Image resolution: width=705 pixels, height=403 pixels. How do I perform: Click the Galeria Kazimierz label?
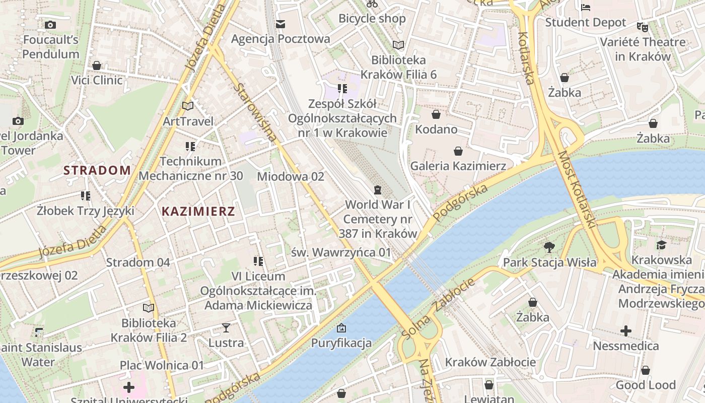458,166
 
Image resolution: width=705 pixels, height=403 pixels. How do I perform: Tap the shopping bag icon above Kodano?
436,115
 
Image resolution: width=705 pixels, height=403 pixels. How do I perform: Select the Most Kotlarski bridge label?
577,189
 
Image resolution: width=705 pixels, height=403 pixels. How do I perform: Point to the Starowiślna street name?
255,112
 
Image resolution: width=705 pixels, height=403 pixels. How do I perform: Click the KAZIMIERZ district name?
198,212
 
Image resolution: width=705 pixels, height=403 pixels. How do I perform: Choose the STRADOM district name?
97,170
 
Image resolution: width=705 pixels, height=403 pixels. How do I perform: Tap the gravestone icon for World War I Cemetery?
377,190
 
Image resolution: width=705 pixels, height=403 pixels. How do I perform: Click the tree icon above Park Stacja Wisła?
549,247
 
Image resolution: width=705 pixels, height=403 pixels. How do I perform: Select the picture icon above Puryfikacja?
341,328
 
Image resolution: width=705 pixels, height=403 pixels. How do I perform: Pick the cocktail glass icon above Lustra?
226,328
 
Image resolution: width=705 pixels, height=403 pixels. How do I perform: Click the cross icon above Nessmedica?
625,331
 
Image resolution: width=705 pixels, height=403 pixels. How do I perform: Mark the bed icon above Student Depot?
586,7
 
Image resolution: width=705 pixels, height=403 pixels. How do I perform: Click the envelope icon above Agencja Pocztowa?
280,24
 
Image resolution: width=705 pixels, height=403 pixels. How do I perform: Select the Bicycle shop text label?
372,19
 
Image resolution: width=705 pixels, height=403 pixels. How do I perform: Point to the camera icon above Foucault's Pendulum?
50,25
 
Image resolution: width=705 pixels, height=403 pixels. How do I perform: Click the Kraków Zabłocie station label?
490,362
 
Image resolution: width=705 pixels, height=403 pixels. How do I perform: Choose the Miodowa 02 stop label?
291,177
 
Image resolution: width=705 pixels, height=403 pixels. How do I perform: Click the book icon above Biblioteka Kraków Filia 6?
398,45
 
